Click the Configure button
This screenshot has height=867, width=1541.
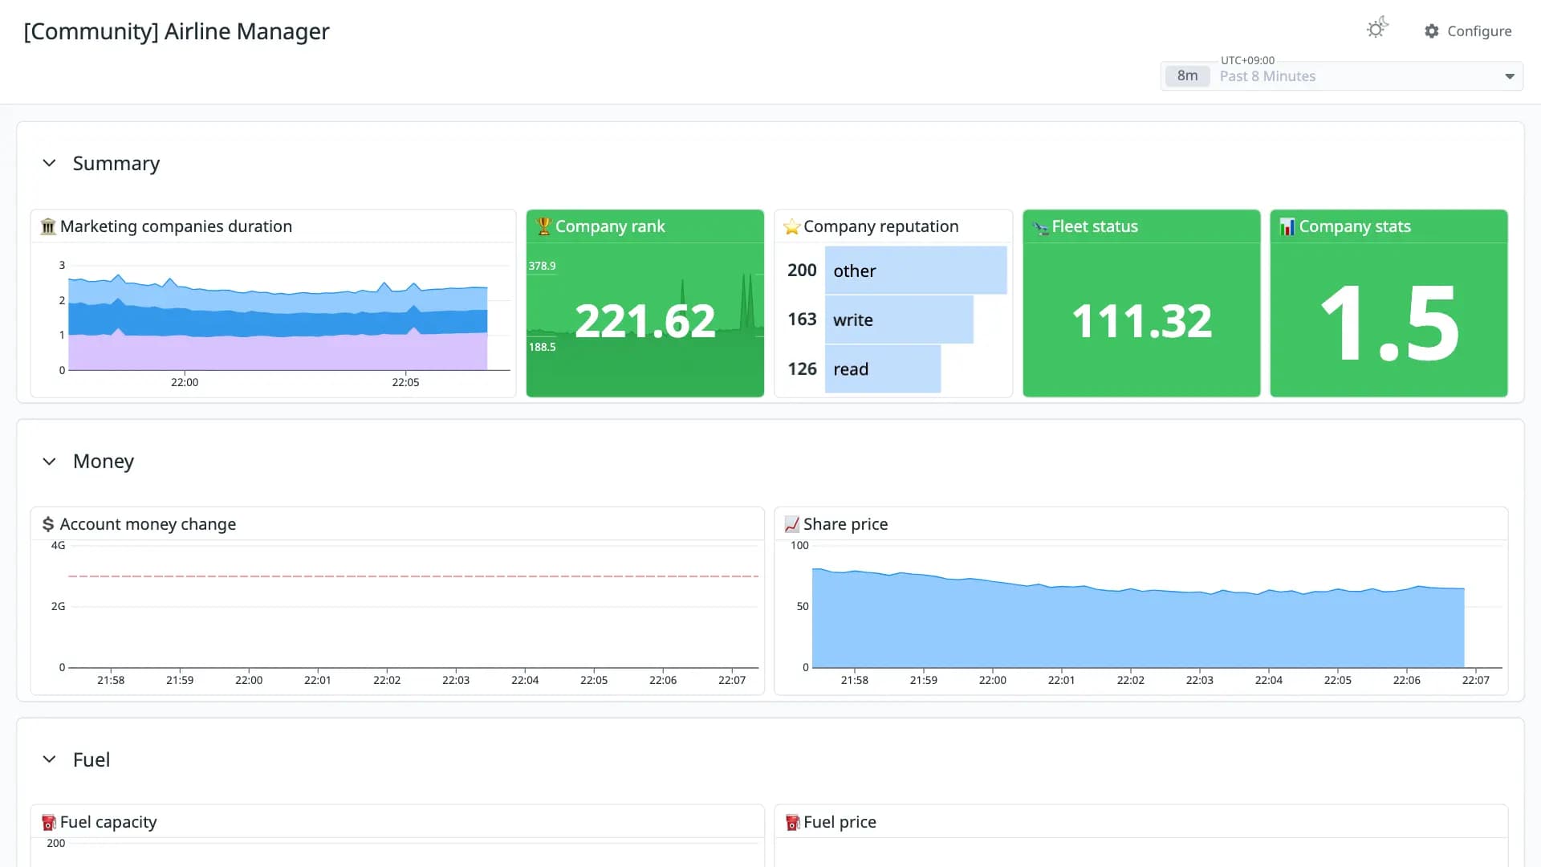(x=1468, y=31)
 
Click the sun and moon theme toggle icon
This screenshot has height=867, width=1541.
(x=1377, y=28)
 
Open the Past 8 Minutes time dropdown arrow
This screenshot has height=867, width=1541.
(x=1510, y=76)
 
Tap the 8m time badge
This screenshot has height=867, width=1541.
(x=1187, y=75)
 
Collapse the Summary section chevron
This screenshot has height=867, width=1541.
(x=49, y=163)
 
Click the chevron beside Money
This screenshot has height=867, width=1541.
(x=49, y=462)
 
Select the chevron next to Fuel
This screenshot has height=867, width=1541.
(x=49, y=759)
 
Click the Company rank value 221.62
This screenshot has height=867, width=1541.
(x=645, y=321)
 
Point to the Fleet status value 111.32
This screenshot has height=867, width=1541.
(x=1141, y=321)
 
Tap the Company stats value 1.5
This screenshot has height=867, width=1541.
(x=1389, y=323)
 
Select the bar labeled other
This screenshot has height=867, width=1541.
(x=916, y=271)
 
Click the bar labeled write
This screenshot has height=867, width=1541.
(x=899, y=320)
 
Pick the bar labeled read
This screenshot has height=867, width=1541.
(x=883, y=369)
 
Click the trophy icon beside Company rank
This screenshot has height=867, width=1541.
(x=544, y=226)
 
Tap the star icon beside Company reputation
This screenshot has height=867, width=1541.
(x=792, y=227)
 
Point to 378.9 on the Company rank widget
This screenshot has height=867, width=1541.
(x=542, y=266)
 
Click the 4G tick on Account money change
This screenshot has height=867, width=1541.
(x=58, y=545)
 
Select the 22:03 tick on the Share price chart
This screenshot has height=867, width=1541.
(x=1199, y=680)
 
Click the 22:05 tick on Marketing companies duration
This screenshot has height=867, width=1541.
(x=405, y=382)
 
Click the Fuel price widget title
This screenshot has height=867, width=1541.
(x=840, y=822)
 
